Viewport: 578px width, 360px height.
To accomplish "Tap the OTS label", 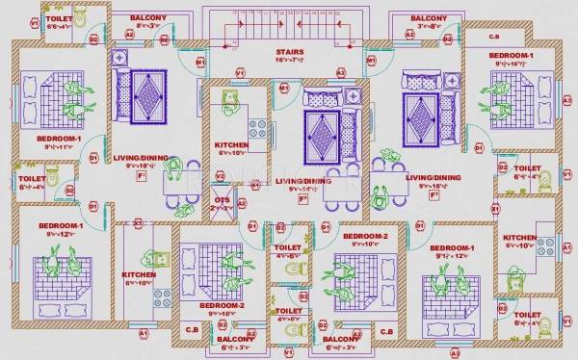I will tap(222, 199).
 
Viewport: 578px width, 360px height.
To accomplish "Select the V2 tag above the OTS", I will tap(220, 176).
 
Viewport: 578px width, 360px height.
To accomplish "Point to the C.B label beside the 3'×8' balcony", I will tap(493, 36).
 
